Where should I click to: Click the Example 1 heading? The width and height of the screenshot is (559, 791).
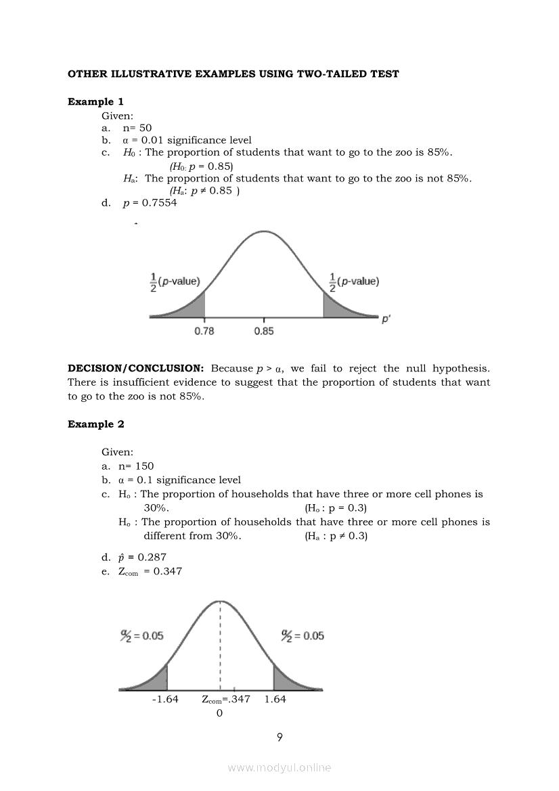95,101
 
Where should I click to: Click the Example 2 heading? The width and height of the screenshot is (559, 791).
95,424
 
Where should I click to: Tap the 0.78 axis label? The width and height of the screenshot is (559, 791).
204,331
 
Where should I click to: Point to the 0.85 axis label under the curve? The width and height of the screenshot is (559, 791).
264,331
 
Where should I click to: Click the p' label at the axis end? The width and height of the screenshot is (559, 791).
386,319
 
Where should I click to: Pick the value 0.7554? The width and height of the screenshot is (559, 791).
159,202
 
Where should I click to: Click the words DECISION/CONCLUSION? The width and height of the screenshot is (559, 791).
135,369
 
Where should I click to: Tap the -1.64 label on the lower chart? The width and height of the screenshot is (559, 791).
165,699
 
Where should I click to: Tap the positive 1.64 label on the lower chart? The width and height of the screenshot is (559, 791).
275,699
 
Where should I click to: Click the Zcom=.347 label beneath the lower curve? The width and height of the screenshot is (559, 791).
226,699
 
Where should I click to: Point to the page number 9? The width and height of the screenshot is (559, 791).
279,737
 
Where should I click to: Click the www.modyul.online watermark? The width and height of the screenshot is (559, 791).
279,767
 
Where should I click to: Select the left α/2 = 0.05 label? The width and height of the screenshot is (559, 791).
141,636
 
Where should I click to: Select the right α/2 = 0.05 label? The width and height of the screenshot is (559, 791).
303,636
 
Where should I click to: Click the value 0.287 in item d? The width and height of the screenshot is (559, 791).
152,557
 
